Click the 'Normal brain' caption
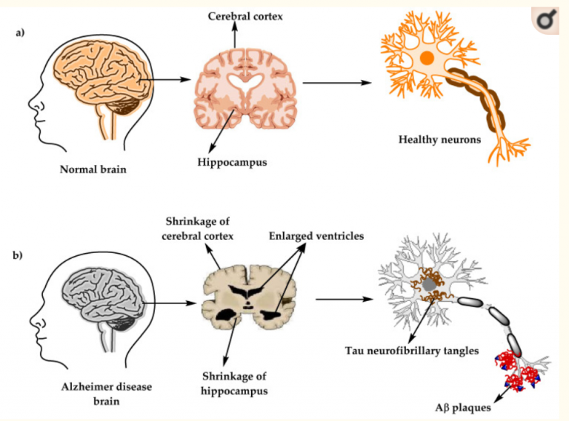coord(93,169)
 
